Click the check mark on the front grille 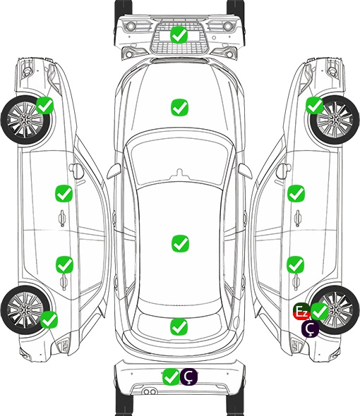(x=179, y=35)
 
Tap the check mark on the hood (x=179, y=107)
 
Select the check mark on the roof (x=180, y=243)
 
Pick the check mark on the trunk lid (x=179, y=326)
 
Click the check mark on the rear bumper (x=171, y=377)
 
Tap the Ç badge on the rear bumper (x=189, y=377)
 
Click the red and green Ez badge (x=301, y=311)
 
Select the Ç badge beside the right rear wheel (x=310, y=329)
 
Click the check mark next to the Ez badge (x=320, y=311)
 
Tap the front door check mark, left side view (x=64, y=193)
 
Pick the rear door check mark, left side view (x=64, y=264)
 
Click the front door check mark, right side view (x=296, y=193)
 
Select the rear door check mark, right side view (x=296, y=264)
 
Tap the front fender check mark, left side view (x=44, y=105)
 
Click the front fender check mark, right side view (x=315, y=105)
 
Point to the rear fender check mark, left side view (x=49, y=319)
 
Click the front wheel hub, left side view (x=25, y=120)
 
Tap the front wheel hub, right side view (x=335, y=120)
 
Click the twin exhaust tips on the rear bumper (x=150, y=391)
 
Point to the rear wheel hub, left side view (x=25, y=310)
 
